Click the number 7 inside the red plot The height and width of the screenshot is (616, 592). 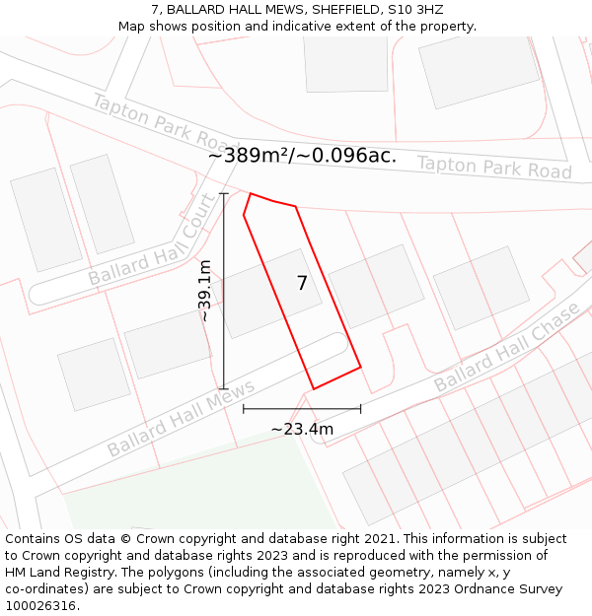click(x=302, y=284)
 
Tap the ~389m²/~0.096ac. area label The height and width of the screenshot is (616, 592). click(x=302, y=156)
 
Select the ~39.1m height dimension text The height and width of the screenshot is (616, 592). click(x=204, y=291)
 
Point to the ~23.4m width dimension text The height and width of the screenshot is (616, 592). click(x=302, y=429)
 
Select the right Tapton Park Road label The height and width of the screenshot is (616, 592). click(x=494, y=167)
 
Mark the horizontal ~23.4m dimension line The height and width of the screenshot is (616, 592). click(x=302, y=408)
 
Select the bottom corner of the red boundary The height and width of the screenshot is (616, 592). click(x=314, y=388)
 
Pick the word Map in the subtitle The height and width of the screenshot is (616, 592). click(x=132, y=26)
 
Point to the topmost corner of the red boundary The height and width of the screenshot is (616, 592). click(x=251, y=193)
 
